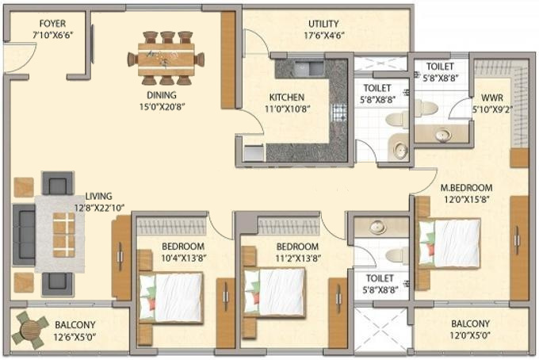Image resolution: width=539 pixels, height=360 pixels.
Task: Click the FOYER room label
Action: pyautogui.click(x=52, y=24)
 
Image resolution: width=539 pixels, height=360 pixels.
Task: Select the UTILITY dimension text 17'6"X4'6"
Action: pyautogui.click(x=324, y=36)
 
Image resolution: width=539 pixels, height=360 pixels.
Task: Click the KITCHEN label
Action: pyautogui.click(x=287, y=98)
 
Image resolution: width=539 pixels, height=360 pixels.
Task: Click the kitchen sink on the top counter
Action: pyautogui.click(x=309, y=68)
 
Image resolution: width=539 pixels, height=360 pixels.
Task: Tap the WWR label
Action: pyautogui.click(x=492, y=98)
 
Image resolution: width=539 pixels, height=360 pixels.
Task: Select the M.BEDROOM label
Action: pyautogui.click(x=466, y=188)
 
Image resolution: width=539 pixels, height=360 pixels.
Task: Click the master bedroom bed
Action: pyautogui.click(x=449, y=243)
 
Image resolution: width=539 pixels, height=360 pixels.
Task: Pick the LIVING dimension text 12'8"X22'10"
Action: pyautogui.click(x=99, y=208)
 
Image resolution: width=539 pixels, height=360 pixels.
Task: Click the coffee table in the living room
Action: pyautogui.click(x=64, y=235)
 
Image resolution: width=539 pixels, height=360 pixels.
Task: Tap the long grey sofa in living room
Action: pyautogui.click(x=24, y=235)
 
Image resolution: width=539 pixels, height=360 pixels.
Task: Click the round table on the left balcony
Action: pyautogui.click(x=30, y=330)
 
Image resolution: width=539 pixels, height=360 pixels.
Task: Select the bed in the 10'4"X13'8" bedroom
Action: pyautogui.click(x=171, y=297)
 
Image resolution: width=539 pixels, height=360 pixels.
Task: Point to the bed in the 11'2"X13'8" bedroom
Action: pyautogui.click(x=274, y=293)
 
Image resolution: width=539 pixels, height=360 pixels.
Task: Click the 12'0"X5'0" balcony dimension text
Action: pyautogui.click(x=470, y=335)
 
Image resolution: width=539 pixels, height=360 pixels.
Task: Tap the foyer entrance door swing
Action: pyautogui.click(x=20, y=57)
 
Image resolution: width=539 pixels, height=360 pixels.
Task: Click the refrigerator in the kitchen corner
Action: pyautogui.click(x=254, y=153)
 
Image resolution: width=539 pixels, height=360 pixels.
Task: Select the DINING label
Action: pyautogui.click(x=162, y=95)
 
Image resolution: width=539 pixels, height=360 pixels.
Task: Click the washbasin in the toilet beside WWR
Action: pyautogui.click(x=443, y=135)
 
